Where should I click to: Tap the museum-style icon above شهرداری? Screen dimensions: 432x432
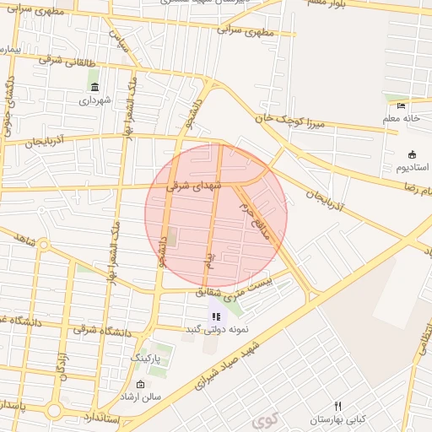(94, 88)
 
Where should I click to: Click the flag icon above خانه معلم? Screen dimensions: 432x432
(401, 106)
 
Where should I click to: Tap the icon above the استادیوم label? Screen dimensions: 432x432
(412, 154)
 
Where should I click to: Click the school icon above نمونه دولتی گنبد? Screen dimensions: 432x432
(216, 316)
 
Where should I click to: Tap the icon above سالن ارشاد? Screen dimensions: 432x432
(140, 385)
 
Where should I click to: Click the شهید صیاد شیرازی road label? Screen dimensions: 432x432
(228, 365)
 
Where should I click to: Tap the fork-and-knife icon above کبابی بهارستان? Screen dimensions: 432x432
(338, 407)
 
